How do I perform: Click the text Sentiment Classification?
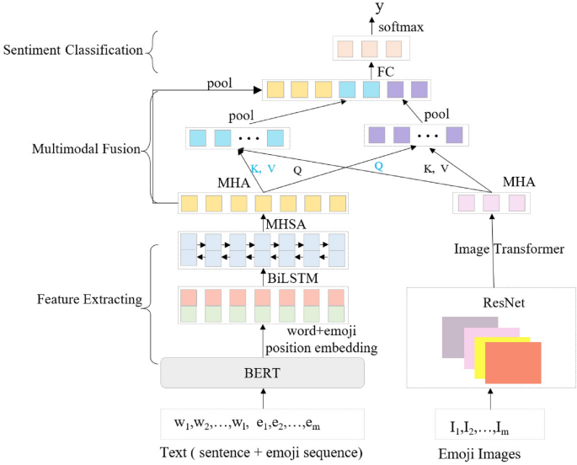point(72,50)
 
